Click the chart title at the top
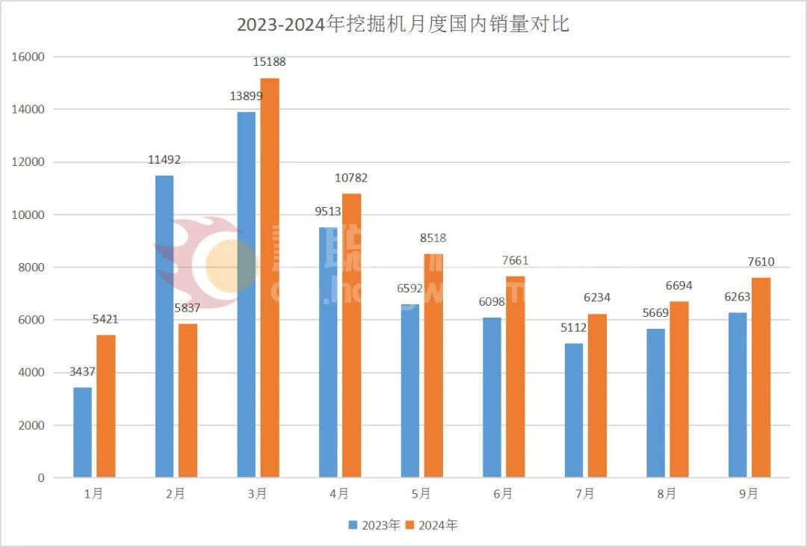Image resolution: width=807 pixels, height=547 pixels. click(x=403, y=25)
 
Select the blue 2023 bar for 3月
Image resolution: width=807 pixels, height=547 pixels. click(x=246, y=294)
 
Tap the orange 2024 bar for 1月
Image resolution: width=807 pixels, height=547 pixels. click(x=106, y=406)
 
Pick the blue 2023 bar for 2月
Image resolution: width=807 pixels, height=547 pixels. click(x=164, y=326)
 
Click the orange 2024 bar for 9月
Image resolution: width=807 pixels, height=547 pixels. click(x=761, y=377)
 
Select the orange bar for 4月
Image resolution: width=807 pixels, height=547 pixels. click(x=351, y=336)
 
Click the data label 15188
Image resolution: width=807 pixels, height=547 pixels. click(x=269, y=62)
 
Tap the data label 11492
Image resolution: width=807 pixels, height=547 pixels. click(x=164, y=160)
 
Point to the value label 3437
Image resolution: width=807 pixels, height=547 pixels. click(x=81, y=372)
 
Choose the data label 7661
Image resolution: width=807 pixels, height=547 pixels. click(x=515, y=261)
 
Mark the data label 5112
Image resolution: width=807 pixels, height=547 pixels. click(x=573, y=328)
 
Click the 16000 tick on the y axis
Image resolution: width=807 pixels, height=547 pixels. click(x=31, y=57)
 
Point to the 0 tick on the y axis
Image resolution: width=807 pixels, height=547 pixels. click(x=42, y=478)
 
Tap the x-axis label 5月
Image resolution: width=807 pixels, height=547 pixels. click(x=421, y=494)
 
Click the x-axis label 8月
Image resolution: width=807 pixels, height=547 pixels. click(x=667, y=494)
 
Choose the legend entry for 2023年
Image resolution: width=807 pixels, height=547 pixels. click(x=374, y=525)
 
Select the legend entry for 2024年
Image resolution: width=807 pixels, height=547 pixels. click(x=431, y=525)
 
